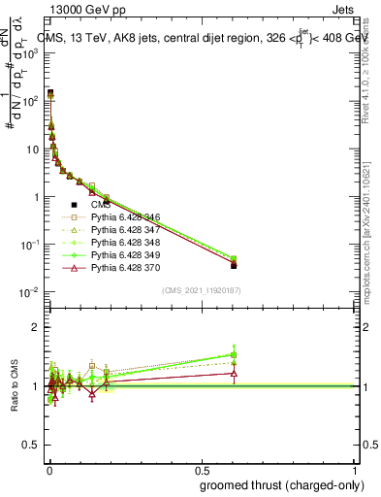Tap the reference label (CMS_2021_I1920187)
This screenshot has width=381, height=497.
(201, 288)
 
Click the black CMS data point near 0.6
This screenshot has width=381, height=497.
(234, 264)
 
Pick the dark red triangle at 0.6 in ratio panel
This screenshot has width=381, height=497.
(234, 373)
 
